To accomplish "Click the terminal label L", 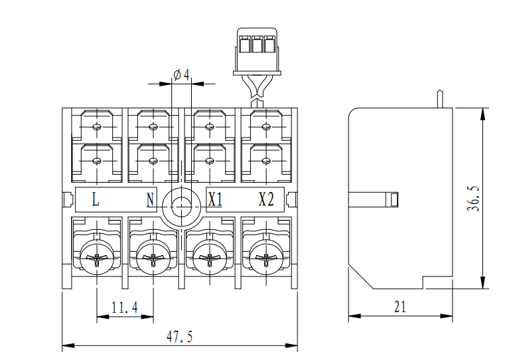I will click(x=96, y=199).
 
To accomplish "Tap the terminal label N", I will click(x=150, y=199).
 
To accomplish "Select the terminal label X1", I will click(x=214, y=199).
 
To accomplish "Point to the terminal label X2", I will click(x=266, y=199).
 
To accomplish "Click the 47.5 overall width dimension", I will click(x=179, y=337).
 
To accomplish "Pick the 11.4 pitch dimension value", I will click(x=124, y=308).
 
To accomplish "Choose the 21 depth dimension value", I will click(x=400, y=307).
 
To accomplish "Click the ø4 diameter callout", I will click(x=182, y=74).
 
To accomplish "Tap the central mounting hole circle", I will click(x=181, y=203).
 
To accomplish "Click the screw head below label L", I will click(x=97, y=260).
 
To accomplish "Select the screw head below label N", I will click(x=153, y=260).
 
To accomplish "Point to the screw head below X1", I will click(x=208, y=260).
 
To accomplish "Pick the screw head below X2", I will click(x=264, y=260).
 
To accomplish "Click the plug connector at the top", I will click(x=255, y=52).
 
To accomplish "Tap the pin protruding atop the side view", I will click(x=439, y=99).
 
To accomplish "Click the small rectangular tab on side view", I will click(x=393, y=199).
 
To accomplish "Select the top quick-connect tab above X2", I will click(x=265, y=126).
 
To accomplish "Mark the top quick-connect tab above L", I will click(x=97, y=126).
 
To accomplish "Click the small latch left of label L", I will click(x=66, y=200).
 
